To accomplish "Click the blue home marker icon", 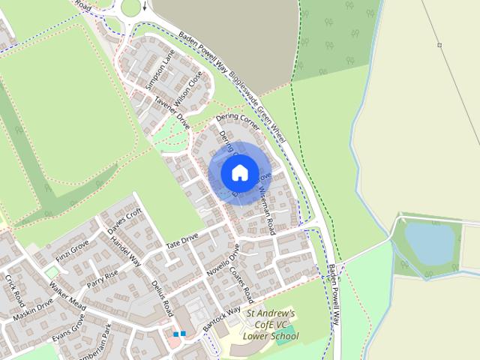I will [238, 172].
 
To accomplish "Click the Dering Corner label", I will [237, 122].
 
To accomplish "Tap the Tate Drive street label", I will [181, 241].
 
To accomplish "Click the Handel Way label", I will [125, 252].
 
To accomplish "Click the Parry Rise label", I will [103, 281].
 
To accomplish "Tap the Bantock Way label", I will [222, 316].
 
